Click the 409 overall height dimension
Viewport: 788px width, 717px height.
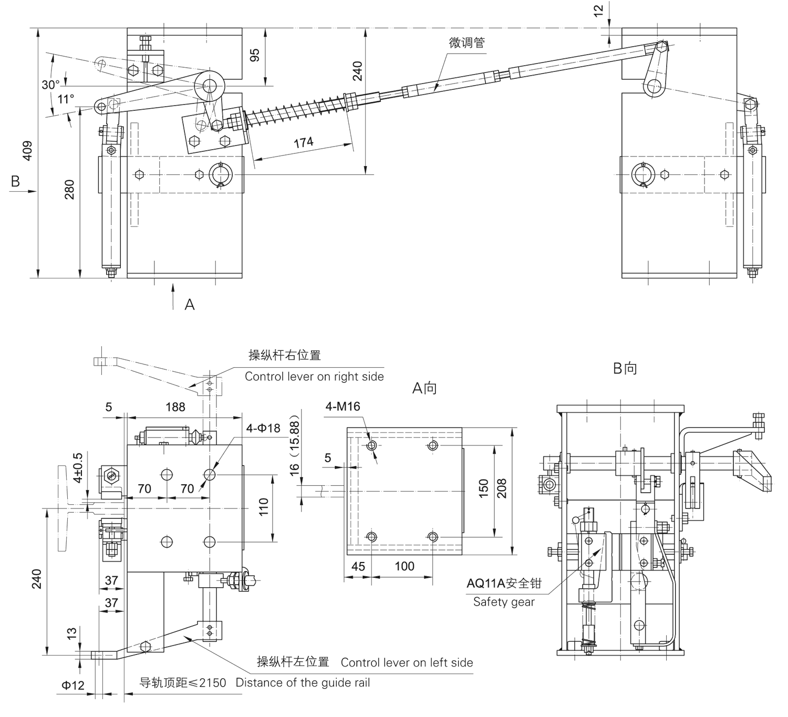(x=27, y=150)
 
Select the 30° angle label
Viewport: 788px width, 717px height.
(x=50, y=85)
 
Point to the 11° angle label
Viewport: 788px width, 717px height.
(x=66, y=99)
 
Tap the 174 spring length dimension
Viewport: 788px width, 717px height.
(x=303, y=142)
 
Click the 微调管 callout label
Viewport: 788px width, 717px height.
(x=466, y=43)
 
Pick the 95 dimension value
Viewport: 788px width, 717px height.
(x=255, y=56)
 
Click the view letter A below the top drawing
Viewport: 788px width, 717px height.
(x=190, y=305)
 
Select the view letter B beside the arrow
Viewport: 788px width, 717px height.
(x=15, y=181)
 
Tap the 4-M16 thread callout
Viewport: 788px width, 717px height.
(x=343, y=406)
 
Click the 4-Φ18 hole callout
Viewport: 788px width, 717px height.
(x=263, y=428)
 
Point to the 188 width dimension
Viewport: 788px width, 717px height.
(x=175, y=407)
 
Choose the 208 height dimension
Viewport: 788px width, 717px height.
(x=502, y=489)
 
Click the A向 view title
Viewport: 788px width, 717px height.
(x=424, y=388)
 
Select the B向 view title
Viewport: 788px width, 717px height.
(x=625, y=368)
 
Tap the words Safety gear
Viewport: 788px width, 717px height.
(x=503, y=602)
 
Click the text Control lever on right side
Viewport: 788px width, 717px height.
(x=314, y=377)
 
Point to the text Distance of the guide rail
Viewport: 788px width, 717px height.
(x=303, y=683)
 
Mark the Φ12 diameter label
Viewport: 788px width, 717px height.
(x=72, y=685)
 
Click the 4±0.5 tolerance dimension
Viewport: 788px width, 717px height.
(x=77, y=467)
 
